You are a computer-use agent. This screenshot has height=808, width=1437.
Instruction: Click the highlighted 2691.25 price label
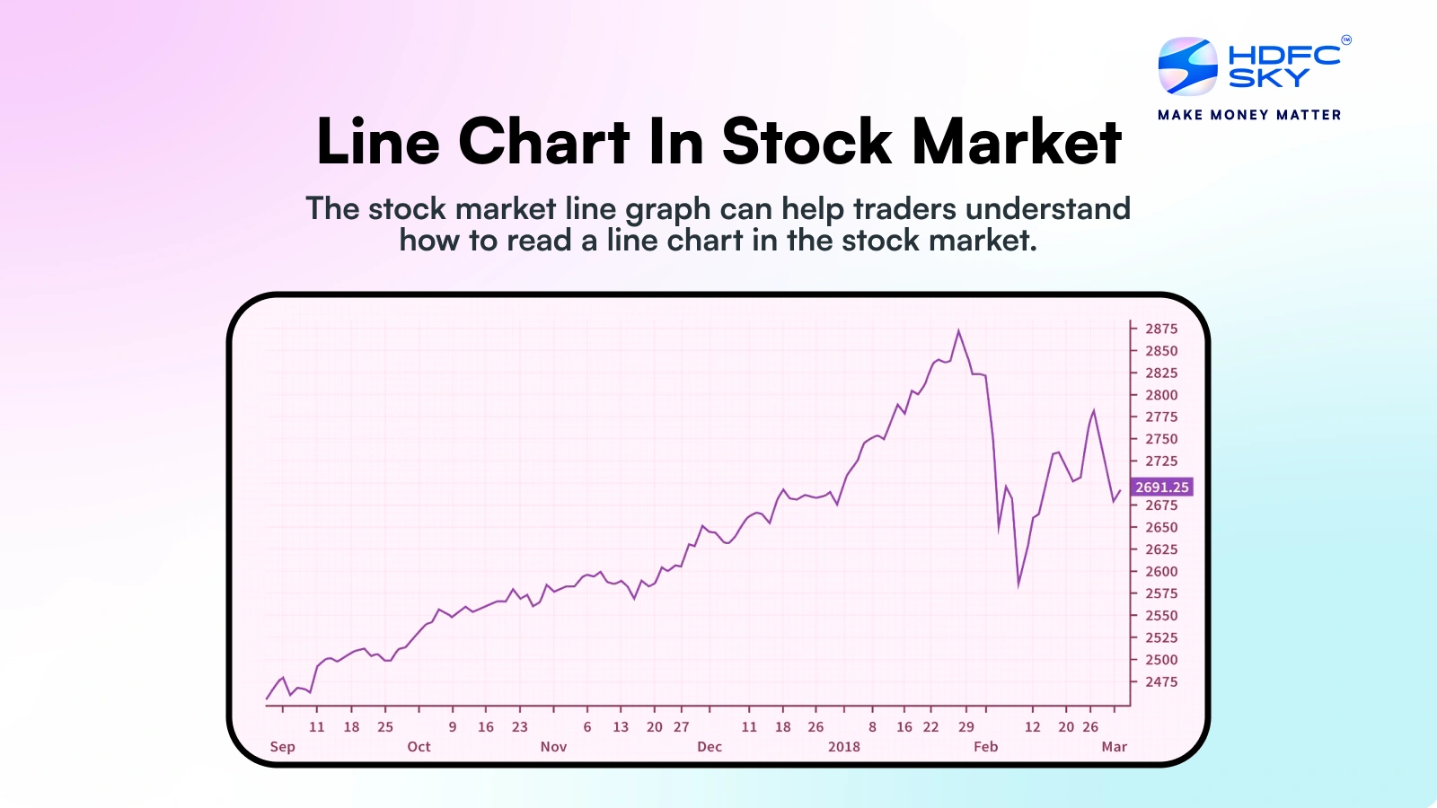[x=1161, y=487]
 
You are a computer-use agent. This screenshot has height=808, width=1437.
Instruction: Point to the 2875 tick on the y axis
[x=1160, y=329]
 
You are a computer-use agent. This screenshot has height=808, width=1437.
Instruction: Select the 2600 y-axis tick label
[x=1160, y=571]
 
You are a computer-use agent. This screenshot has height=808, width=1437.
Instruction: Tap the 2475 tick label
[x=1160, y=681]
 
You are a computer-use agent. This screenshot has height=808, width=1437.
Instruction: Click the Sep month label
[x=282, y=746]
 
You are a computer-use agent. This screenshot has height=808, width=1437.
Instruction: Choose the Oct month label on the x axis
[x=419, y=746]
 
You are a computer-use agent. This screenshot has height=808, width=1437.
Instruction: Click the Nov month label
[x=553, y=746]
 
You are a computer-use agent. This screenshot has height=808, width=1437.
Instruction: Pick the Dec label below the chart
[x=710, y=746]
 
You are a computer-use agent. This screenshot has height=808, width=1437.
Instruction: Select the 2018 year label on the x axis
[x=843, y=746]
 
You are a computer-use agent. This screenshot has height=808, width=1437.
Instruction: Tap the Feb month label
[x=985, y=746]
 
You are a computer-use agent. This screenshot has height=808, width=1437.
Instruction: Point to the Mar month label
[x=1114, y=746]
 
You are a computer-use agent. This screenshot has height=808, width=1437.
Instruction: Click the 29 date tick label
[x=965, y=726]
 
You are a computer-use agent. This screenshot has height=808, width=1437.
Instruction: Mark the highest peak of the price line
[x=959, y=330]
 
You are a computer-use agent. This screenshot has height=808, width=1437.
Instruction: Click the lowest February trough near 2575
[x=1018, y=586]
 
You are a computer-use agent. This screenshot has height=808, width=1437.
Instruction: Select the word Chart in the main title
[x=544, y=142]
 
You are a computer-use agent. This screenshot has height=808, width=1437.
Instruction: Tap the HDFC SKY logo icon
[x=1187, y=66]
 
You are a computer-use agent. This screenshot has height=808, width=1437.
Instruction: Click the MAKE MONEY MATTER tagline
[x=1249, y=115]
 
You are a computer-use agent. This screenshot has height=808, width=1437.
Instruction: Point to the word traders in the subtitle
[x=904, y=208]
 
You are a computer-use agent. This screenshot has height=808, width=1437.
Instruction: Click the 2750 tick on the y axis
[x=1160, y=439]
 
